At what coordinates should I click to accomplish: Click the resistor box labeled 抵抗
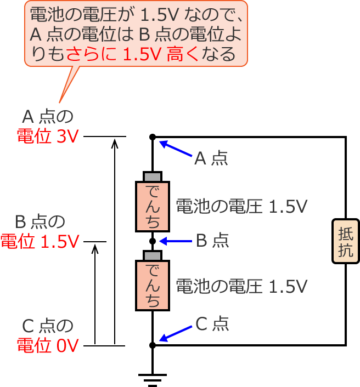coord(346,242)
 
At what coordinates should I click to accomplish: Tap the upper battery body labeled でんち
coord(153,206)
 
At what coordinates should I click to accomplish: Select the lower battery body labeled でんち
coord(153,285)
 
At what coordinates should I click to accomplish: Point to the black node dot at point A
coord(153,136)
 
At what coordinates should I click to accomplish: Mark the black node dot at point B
coord(153,241)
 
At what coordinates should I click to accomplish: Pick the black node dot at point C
coord(153,345)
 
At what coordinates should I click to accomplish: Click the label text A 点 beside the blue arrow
coord(211,159)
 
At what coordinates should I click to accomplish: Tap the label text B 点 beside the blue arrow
coord(212,241)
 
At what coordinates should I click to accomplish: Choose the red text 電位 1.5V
coord(40,241)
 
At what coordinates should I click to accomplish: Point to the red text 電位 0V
coord(48,345)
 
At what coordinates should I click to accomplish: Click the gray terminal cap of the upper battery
coord(153,177)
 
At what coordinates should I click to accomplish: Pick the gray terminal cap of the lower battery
coord(153,256)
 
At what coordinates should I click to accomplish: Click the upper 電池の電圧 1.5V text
coord(241,206)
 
